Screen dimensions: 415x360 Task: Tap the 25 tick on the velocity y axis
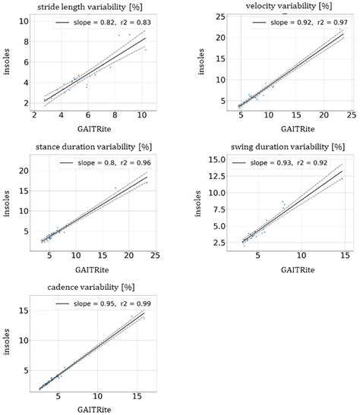pos(218,17)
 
